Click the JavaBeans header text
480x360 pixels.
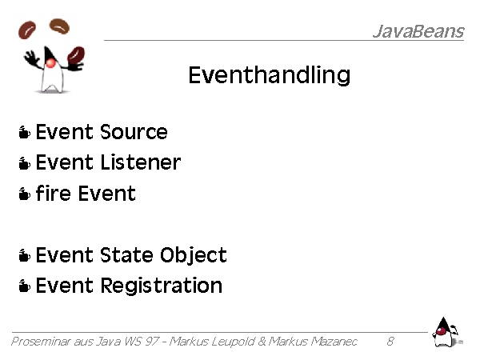tap(418, 31)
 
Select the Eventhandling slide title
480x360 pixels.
tap(270, 75)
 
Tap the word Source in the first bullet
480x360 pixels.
tap(134, 132)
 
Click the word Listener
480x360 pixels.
tap(141, 162)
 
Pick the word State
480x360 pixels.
tap(126, 254)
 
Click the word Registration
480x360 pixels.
tap(162, 286)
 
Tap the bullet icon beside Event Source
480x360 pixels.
tap(25, 132)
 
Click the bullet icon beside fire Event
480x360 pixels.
tap(25, 194)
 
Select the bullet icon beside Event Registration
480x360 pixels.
tap(25, 286)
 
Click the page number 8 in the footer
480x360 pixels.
tap(390, 341)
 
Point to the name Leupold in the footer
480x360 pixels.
tap(233, 342)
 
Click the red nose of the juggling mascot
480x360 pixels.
tap(50, 63)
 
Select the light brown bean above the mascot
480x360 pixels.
tap(59, 26)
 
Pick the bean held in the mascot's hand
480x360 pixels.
tap(76, 55)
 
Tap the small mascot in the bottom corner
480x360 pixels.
tap(446, 333)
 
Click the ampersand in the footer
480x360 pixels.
tap(262, 341)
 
